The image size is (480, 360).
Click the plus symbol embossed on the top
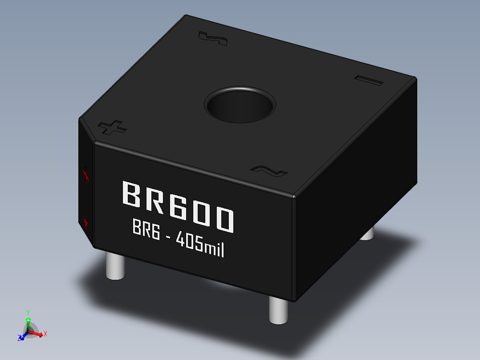coord(112,127)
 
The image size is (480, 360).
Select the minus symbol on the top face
coord(369,80)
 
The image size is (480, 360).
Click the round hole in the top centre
coord(240,105)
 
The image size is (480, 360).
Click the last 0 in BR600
coord(223,219)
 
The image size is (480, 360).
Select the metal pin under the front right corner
coord(278,309)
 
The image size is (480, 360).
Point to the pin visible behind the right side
coord(367,233)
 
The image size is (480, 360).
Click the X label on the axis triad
coord(45,333)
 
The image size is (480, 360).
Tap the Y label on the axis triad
coord(28,312)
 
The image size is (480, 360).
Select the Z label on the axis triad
coord(20,338)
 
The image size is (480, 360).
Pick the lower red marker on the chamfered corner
coord(85,222)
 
